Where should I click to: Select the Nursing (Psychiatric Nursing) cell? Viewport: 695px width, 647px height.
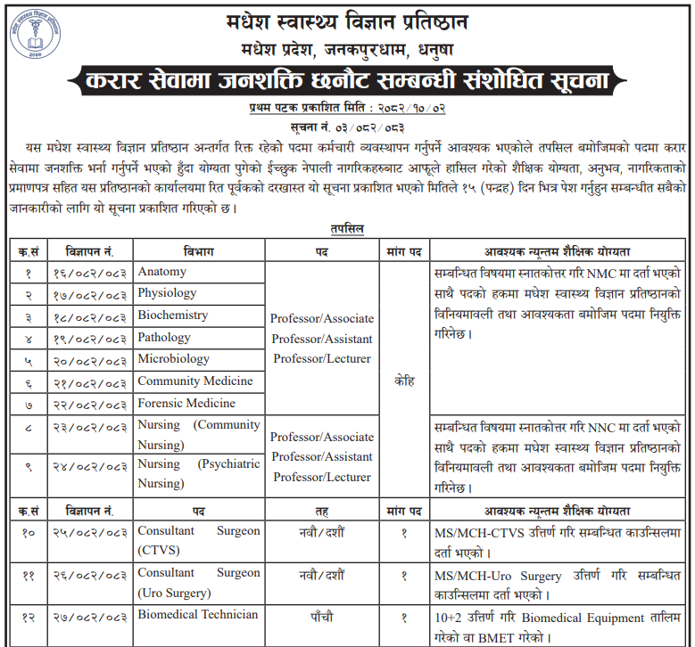(198, 473)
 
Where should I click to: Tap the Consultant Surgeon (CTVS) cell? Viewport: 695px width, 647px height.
(198, 540)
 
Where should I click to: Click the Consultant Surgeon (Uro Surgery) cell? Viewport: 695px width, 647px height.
(198, 583)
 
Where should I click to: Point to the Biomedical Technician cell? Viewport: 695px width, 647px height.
(197, 615)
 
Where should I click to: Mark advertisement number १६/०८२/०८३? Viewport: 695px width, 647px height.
(88, 273)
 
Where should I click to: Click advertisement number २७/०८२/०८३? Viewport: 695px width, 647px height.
(88, 616)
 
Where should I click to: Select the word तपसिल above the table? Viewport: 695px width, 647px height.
(346, 228)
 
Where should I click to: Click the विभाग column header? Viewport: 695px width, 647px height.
(199, 250)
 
